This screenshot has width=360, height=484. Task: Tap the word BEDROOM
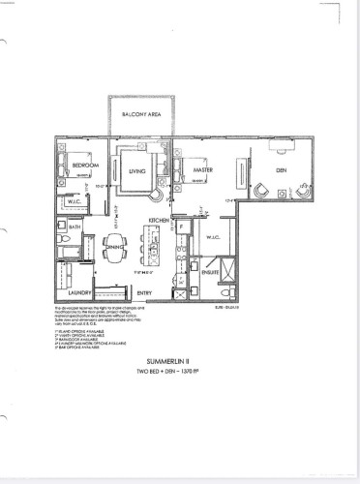click(88, 166)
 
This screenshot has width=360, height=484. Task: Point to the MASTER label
click(203, 170)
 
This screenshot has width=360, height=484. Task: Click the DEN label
click(281, 170)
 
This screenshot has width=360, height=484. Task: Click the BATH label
click(75, 228)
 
